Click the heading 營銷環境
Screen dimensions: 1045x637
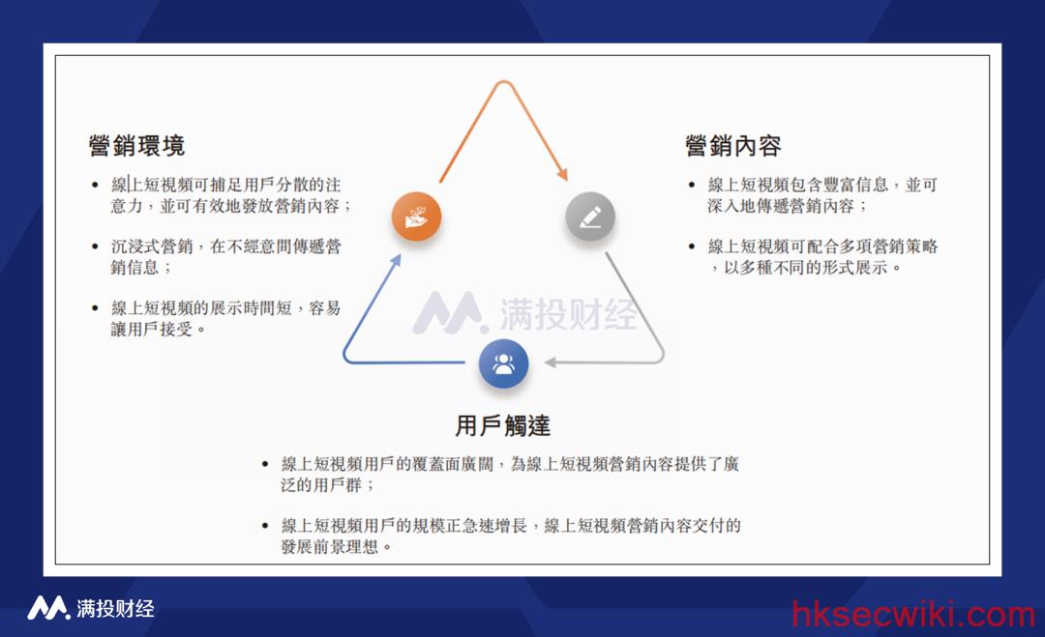tap(136, 146)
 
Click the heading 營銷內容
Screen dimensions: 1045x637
tap(733, 146)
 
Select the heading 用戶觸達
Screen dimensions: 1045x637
tap(503, 426)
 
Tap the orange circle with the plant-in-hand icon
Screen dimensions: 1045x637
tap(416, 217)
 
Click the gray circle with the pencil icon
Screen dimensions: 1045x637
tap(590, 217)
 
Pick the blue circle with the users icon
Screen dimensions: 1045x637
tap(504, 364)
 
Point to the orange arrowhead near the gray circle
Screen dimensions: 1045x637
tap(563, 174)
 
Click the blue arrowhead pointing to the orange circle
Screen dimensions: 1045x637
tap(396, 260)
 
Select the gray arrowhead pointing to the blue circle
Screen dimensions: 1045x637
tap(551, 362)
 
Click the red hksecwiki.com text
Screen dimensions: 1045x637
tap(913, 614)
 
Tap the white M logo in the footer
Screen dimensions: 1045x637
tap(48, 608)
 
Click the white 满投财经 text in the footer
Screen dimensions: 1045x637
tap(115, 608)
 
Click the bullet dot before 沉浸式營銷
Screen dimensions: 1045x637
tap(95, 246)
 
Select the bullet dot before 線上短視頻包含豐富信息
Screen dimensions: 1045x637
tap(692, 185)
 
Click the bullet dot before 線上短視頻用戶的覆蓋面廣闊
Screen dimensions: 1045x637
tap(265, 464)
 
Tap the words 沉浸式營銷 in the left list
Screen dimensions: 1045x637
tap(152, 246)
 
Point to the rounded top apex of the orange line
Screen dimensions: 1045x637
tap(504, 82)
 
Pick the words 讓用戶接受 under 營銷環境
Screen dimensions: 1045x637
tap(152, 329)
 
